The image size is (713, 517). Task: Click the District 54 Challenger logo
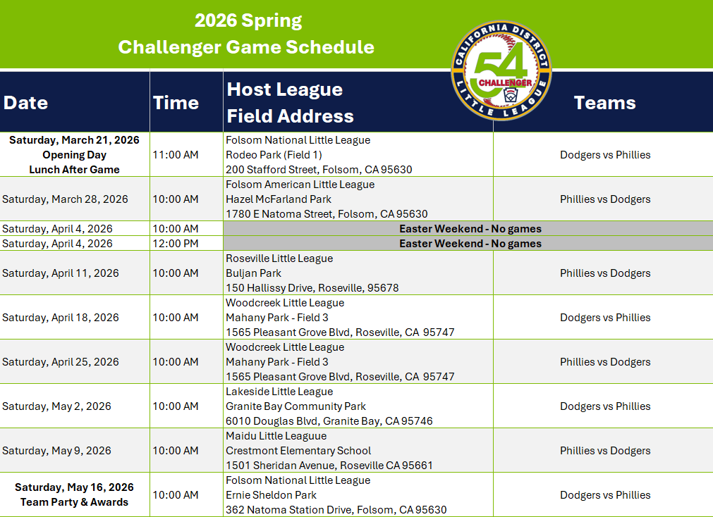click(501, 71)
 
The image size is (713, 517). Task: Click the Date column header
click(25, 103)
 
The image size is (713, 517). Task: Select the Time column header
click(176, 103)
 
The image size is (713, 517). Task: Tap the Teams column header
click(605, 103)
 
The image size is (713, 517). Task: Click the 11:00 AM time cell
click(176, 155)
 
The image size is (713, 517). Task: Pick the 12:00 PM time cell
click(176, 244)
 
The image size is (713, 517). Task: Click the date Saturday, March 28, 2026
click(65, 199)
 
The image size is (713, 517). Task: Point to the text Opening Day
click(75, 155)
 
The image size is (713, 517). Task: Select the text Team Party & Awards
click(75, 502)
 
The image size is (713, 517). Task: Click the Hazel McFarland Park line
click(279, 199)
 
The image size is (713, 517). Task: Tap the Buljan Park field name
click(253, 273)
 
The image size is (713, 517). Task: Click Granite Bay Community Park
click(295, 406)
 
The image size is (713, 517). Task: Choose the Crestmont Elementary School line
click(298, 451)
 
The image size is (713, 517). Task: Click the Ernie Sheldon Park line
click(271, 495)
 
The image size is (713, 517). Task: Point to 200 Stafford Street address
click(319, 170)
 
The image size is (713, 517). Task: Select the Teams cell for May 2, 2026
click(605, 406)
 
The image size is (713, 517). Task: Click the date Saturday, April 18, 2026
click(61, 318)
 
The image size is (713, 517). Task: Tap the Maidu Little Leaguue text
click(276, 436)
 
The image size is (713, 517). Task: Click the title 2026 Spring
click(248, 21)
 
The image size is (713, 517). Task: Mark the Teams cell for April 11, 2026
click(605, 273)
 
